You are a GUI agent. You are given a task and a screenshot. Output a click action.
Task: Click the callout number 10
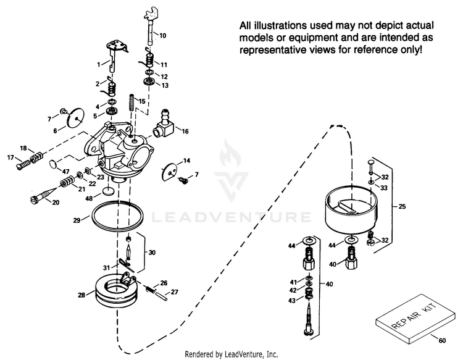point(162,36)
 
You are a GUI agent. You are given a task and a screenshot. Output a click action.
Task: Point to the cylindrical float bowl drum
point(349,210)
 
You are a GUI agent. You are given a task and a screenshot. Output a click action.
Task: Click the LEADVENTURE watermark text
point(231,217)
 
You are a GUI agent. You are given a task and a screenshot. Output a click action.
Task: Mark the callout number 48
point(89,198)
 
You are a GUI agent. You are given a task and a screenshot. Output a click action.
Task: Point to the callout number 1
point(98,64)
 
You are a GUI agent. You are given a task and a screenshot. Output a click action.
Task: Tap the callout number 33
point(383,187)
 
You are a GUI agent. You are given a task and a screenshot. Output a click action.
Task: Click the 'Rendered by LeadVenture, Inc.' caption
point(231,354)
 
